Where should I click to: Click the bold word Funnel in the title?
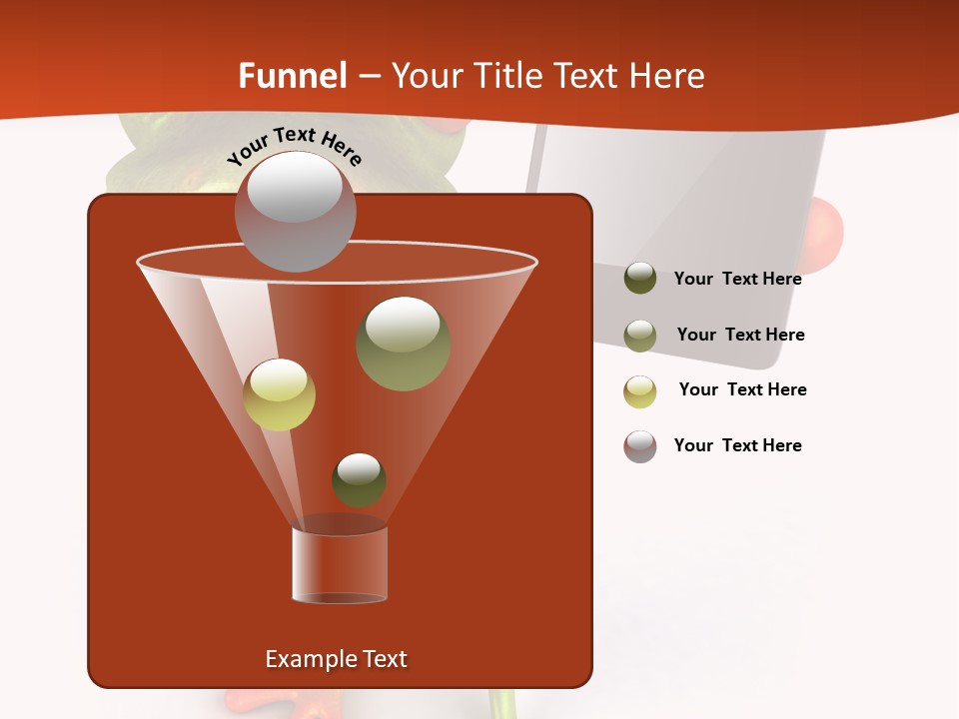click(292, 76)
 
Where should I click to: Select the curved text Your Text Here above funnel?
click(295, 145)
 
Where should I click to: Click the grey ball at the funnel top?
click(295, 211)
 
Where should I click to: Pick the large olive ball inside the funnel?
click(403, 343)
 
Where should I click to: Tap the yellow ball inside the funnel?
click(279, 394)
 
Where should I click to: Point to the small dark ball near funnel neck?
click(359, 479)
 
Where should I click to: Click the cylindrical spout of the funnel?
click(340, 564)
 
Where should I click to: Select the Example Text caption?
click(336, 659)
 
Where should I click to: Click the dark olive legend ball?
click(640, 278)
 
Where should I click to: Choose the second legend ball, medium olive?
click(640, 335)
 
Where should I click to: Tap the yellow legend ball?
click(640, 390)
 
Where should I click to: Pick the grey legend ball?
click(640, 445)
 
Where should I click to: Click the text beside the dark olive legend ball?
click(737, 279)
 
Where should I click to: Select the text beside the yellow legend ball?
click(742, 389)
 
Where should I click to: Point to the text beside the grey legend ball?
click(737, 445)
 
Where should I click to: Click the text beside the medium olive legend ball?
click(740, 335)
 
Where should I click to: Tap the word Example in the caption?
click(304, 659)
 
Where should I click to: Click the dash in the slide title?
click(368, 76)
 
